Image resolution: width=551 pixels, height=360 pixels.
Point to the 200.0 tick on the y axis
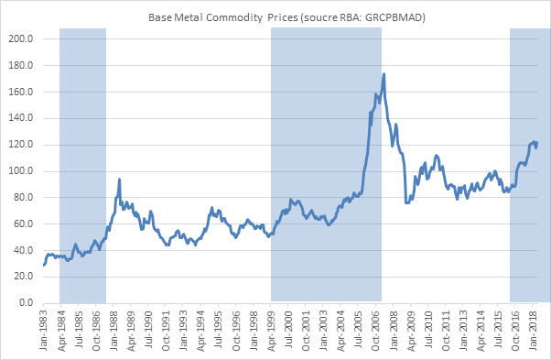[20, 39]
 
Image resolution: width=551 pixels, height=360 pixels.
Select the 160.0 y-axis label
[20, 93]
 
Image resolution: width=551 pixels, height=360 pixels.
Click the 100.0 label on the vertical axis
[20, 171]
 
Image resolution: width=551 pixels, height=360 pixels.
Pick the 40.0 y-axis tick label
[22, 250]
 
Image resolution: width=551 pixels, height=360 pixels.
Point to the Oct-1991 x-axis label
[167, 328]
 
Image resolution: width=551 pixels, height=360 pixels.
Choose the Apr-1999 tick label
[272, 328]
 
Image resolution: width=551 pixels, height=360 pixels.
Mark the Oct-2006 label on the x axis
[377, 328]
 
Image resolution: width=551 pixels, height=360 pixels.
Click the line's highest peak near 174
[384, 74]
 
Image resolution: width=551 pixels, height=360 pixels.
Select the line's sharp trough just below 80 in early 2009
[406, 202]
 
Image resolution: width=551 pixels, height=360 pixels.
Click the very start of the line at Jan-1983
[43, 265]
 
